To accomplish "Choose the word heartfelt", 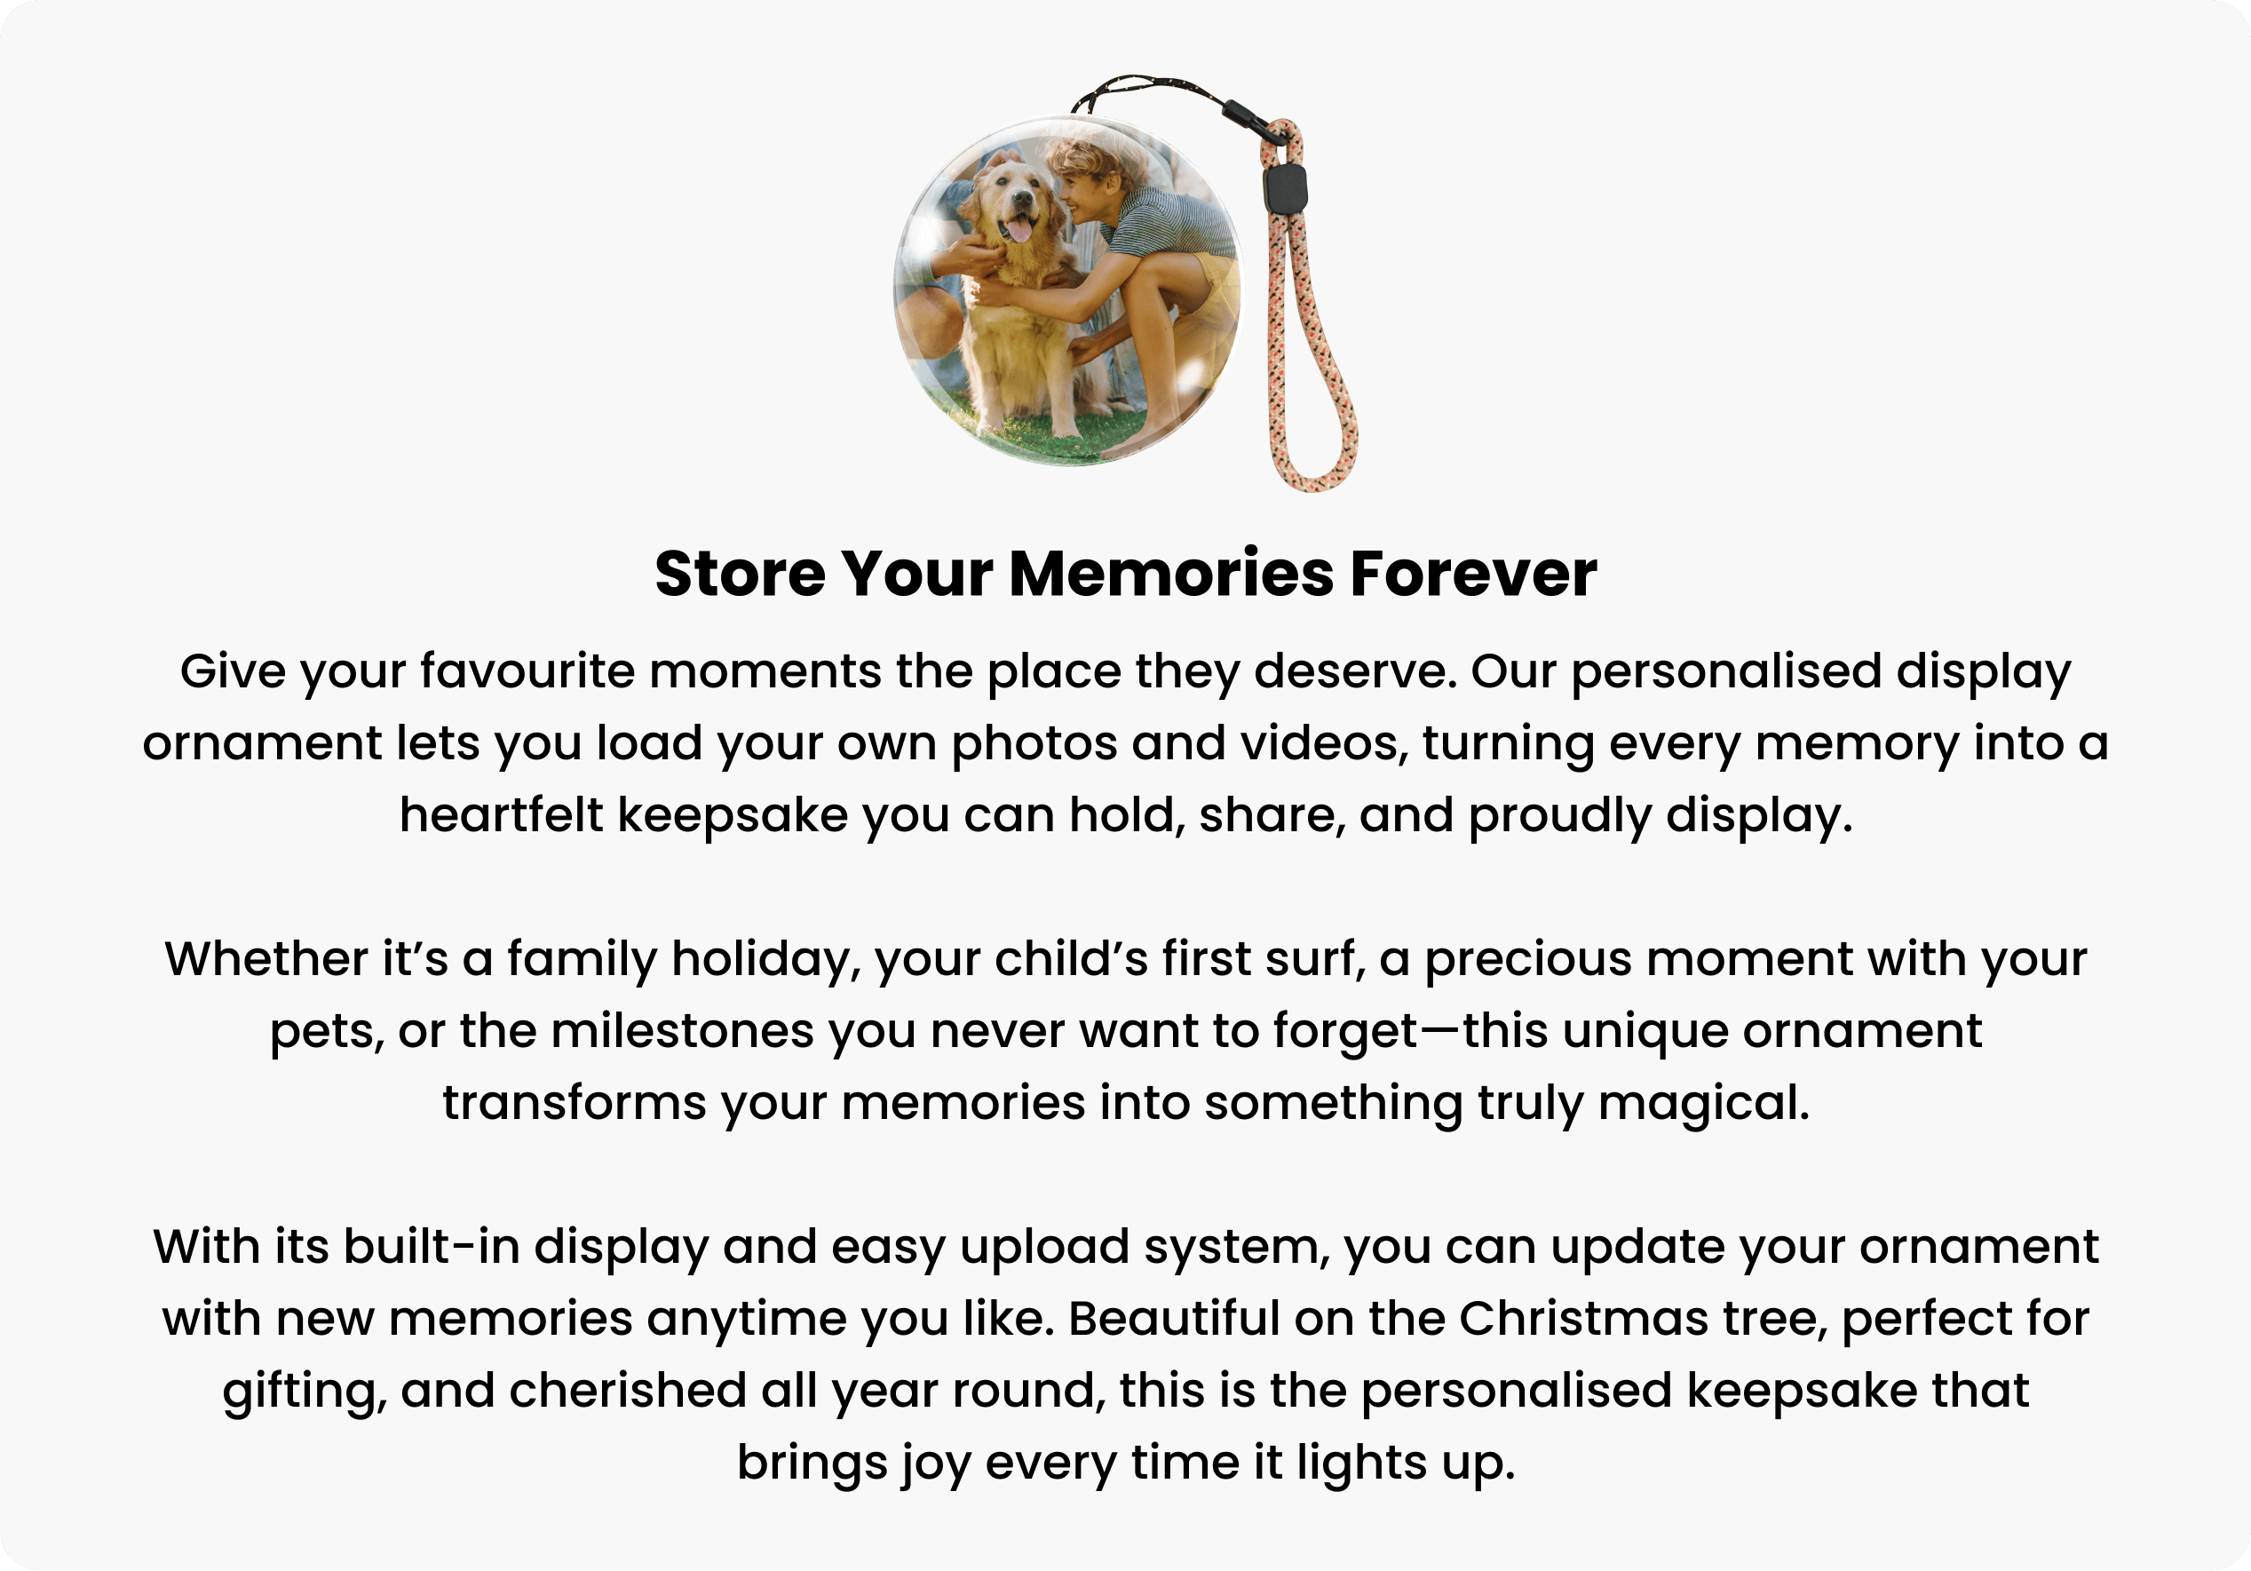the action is [x=501, y=815].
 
